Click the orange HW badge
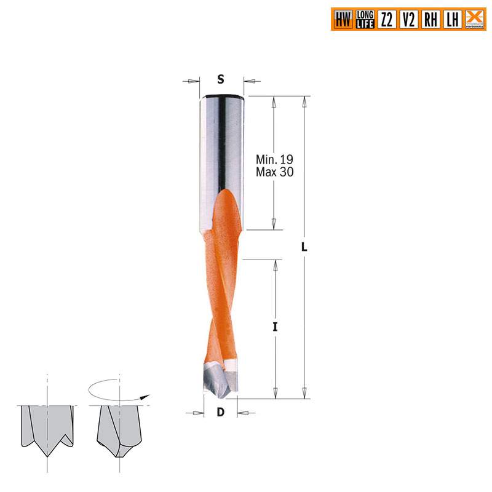pyautogui.click(x=343, y=20)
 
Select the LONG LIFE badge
pyautogui.click(x=365, y=20)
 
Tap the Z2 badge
pyautogui.click(x=387, y=20)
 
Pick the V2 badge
pyautogui.click(x=408, y=20)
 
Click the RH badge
pyautogui.click(x=430, y=20)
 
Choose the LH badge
pyautogui.click(x=452, y=20)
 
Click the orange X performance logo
pyautogui.click(x=474, y=19)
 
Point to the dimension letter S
pyautogui.click(x=221, y=79)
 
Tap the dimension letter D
pyautogui.click(x=220, y=413)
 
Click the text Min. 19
pyautogui.click(x=274, y=160)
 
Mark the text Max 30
pyautogui.click(x=274, y=173)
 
